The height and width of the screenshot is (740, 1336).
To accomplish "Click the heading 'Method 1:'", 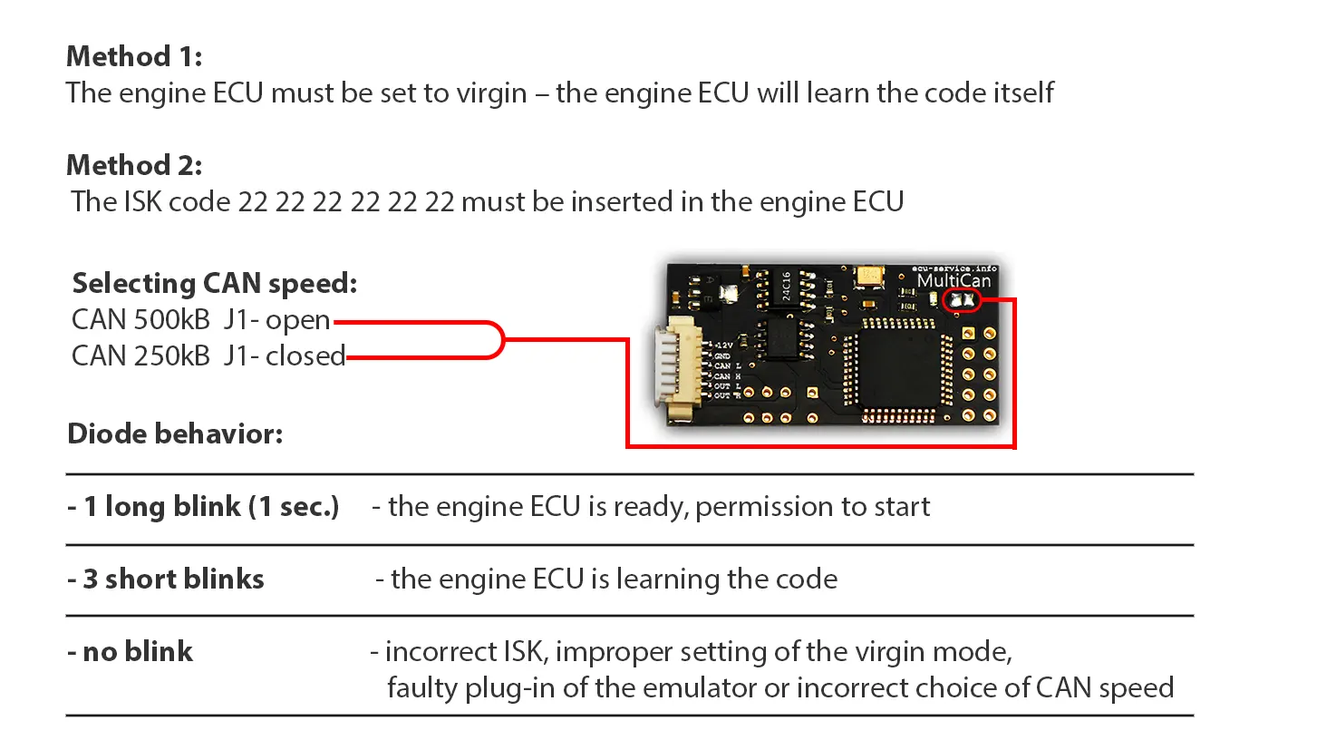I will (134, 57).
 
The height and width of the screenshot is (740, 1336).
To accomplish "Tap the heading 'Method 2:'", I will (134, 166).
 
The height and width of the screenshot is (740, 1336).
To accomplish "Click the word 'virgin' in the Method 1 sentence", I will (492, 93).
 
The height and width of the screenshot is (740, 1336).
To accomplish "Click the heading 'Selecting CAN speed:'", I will (215, 284).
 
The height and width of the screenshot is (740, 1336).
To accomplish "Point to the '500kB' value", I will (171, 320).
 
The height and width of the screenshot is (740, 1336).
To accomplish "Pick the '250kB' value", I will (171, 355).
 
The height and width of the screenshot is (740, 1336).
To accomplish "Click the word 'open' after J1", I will (297, 321).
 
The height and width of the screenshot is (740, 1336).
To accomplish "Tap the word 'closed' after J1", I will (305, 355).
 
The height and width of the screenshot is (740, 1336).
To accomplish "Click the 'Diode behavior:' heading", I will (175, 434).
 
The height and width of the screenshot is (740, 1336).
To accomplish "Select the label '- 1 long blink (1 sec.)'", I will (203, 507).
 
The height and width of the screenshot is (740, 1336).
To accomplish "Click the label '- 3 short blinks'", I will (166, 579).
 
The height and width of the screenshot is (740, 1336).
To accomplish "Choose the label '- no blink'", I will (131, 652).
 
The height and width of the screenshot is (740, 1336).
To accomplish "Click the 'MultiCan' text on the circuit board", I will (954, 281).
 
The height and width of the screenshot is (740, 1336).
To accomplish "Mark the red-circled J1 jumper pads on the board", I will (962, 300).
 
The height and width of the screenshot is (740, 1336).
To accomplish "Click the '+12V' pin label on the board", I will (724, 346).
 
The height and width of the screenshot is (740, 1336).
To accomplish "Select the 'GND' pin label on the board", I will (722, 356).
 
